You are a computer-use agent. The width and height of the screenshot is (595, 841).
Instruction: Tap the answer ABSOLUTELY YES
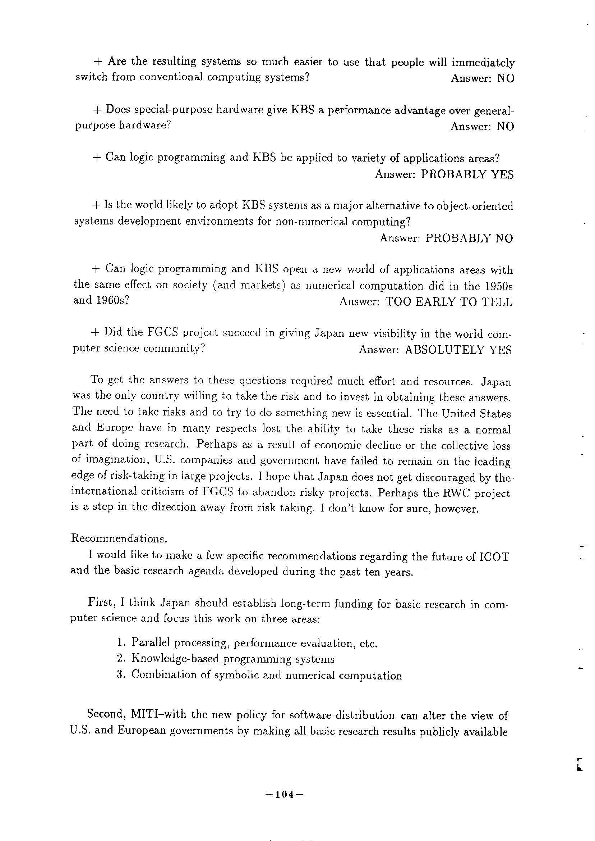tap(458, 350)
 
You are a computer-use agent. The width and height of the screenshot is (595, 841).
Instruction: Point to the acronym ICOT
tap(494, 557)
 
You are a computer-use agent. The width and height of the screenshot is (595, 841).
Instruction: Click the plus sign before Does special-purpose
tap(97, 110)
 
